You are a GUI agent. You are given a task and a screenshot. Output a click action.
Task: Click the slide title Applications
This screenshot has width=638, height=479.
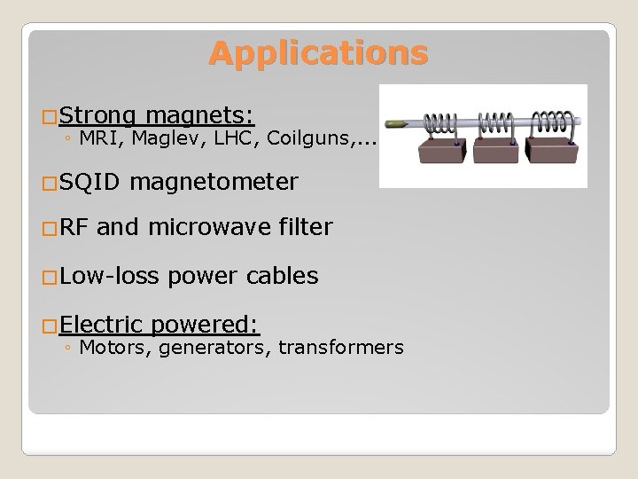coord(318,54)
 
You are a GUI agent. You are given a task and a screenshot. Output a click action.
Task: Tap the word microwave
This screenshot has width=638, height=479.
coord(207,228)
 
